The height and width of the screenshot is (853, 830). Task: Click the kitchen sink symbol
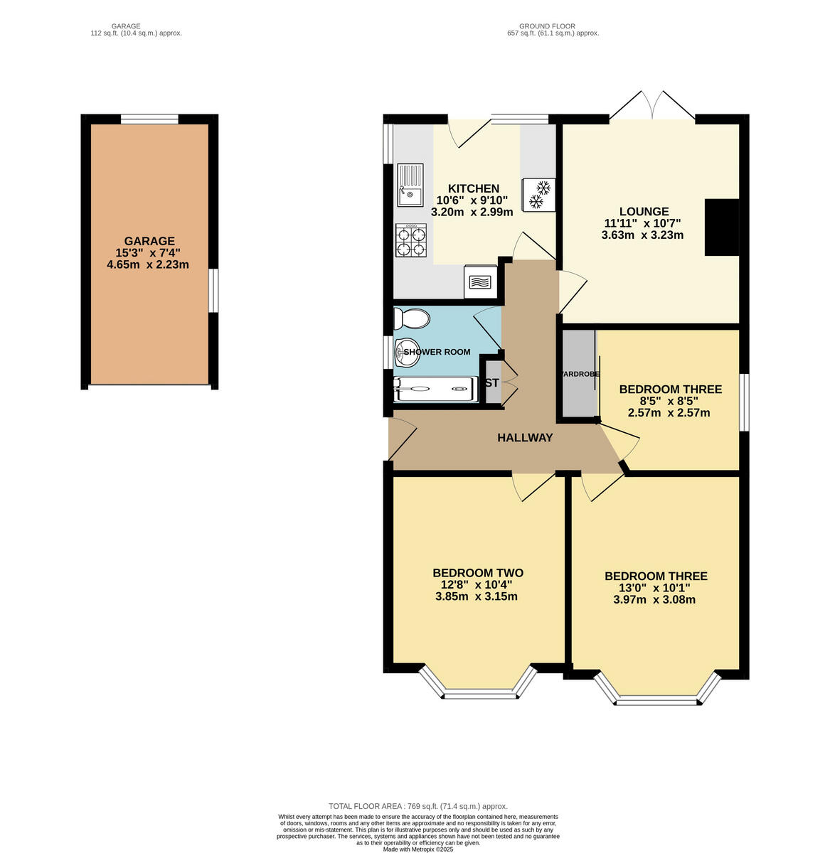coord(410,185)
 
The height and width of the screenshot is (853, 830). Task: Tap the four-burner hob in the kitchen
coord(411,240)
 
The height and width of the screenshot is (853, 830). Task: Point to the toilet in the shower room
coord(411,319)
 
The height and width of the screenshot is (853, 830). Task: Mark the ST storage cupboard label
coord(491,383)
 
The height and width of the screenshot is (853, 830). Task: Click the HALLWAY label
coord(525,438)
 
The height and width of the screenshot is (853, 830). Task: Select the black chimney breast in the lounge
coord(721,227)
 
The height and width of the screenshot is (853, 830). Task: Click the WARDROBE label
coord(580,374)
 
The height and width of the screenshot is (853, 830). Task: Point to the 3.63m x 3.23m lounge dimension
coord(642,235)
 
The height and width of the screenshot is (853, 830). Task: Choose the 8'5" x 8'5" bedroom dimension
coord(670,401)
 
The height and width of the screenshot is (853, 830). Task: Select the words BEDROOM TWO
coord(477,573)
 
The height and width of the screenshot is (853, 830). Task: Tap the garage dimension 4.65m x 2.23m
coord(149,265)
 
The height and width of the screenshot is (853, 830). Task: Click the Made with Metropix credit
coord(417,849)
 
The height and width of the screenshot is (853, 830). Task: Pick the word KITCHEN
coord(473,188)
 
